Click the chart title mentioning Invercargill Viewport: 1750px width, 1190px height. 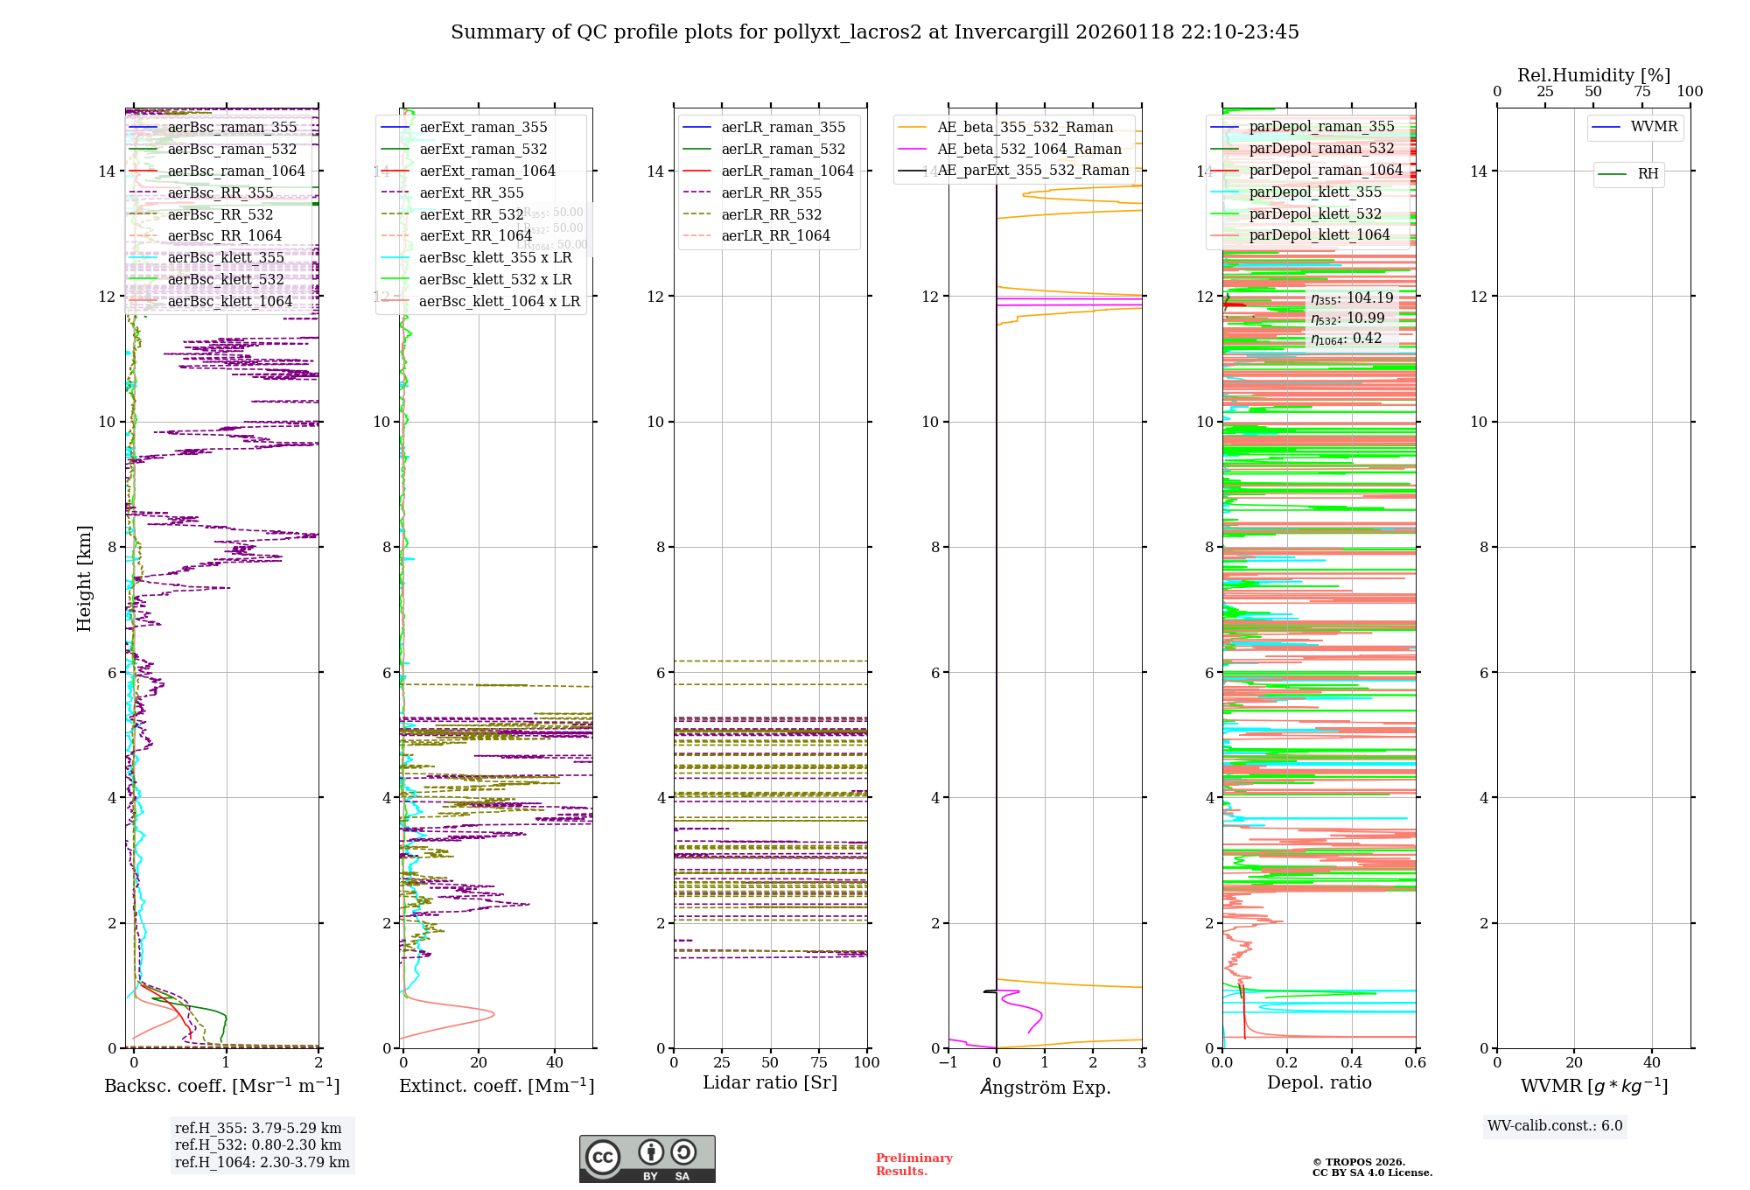pos(874,32)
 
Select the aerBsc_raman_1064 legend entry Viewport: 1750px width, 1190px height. pos(236,171)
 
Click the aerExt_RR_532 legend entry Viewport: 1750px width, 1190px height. pos(471,214)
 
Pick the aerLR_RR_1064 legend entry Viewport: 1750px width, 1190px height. pos(775,236)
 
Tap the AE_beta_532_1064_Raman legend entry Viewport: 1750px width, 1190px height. pos(1029,150)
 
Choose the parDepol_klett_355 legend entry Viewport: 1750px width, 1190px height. pos(1315,192)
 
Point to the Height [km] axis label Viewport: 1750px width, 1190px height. pos(84,577)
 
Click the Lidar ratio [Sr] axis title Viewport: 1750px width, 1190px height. pos(770,1083)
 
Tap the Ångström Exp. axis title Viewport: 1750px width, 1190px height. pos(1045,1088)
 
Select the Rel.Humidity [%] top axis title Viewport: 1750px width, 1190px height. pos(1593,75)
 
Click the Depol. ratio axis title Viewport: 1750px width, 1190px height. pos(1319,1083)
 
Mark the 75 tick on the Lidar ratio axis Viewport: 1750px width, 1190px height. pos(819,1063)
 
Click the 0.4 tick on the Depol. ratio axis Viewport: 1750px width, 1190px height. pos(1351,1063)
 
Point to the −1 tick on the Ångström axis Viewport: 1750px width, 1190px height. pos(948,1063)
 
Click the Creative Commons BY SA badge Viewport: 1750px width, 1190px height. pos(647,1159)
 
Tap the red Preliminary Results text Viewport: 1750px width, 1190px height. pos(913,1165)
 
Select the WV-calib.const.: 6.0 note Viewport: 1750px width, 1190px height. pos(1555,1126)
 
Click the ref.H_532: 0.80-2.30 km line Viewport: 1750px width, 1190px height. pos(258,1145)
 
